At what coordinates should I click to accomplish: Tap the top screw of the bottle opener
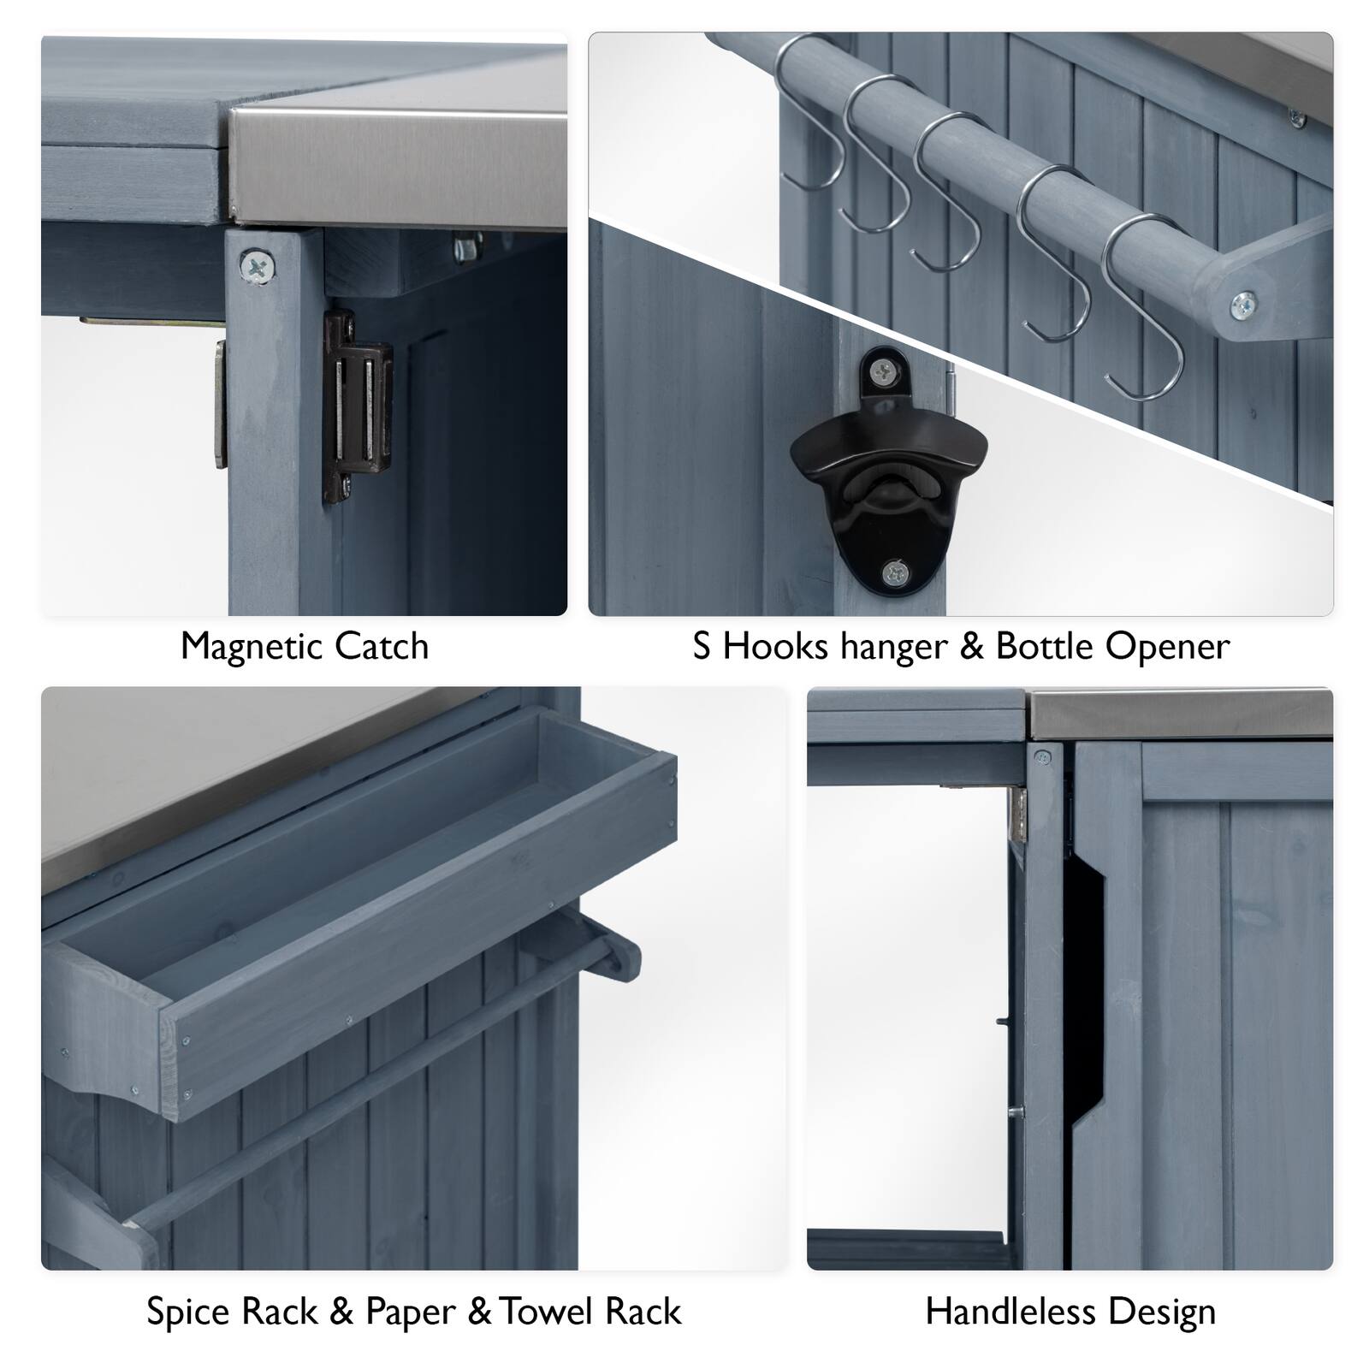coord(885,370)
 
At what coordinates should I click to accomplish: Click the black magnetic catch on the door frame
coord(356,407)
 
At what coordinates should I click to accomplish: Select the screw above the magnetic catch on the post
coord(258,266)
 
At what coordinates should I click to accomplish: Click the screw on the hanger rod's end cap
coord(1243,301)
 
